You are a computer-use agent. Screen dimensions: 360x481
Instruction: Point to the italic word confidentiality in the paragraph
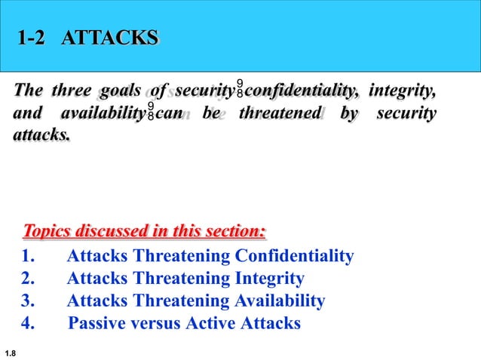302,92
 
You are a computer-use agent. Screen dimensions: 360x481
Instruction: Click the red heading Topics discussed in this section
145,230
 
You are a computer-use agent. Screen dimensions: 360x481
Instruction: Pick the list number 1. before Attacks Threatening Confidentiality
30,257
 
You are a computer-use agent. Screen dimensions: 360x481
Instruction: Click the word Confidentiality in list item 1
294,257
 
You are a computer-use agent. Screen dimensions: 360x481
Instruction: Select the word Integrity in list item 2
270,279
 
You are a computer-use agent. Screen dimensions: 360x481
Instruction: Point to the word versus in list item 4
158,324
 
